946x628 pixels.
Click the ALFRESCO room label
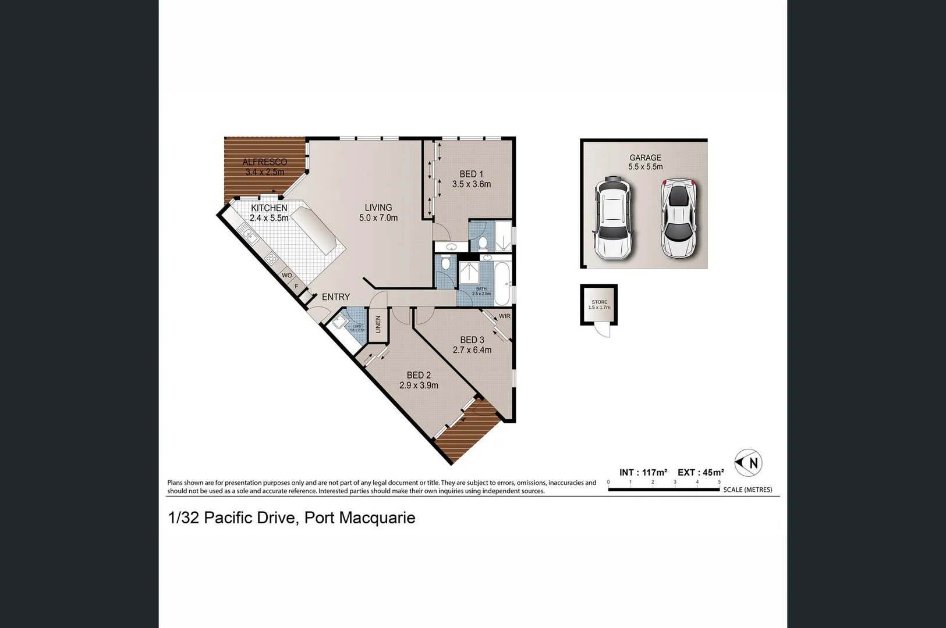(x=265, y=167)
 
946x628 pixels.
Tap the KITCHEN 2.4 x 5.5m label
(x=269, y=213)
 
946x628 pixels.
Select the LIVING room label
(x=378, y=213)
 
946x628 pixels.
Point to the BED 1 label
(x=472, y=179)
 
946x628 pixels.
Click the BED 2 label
(x=419, y=380)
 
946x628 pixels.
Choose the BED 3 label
(x=472, y=345)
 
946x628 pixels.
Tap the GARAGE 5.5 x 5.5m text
(x=645, y=162)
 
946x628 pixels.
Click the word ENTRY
(x=336, y=297)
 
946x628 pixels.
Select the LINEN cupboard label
(x=378, y=324)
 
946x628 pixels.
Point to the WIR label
(x=504, y=316)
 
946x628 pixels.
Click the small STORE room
(x=599, y=305)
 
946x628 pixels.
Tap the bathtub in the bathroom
(x=502, y=283)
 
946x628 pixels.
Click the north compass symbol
(x=748, y=463)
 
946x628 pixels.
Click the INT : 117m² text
(x=643, y=473)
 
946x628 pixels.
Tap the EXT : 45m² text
(x=700, y=473)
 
